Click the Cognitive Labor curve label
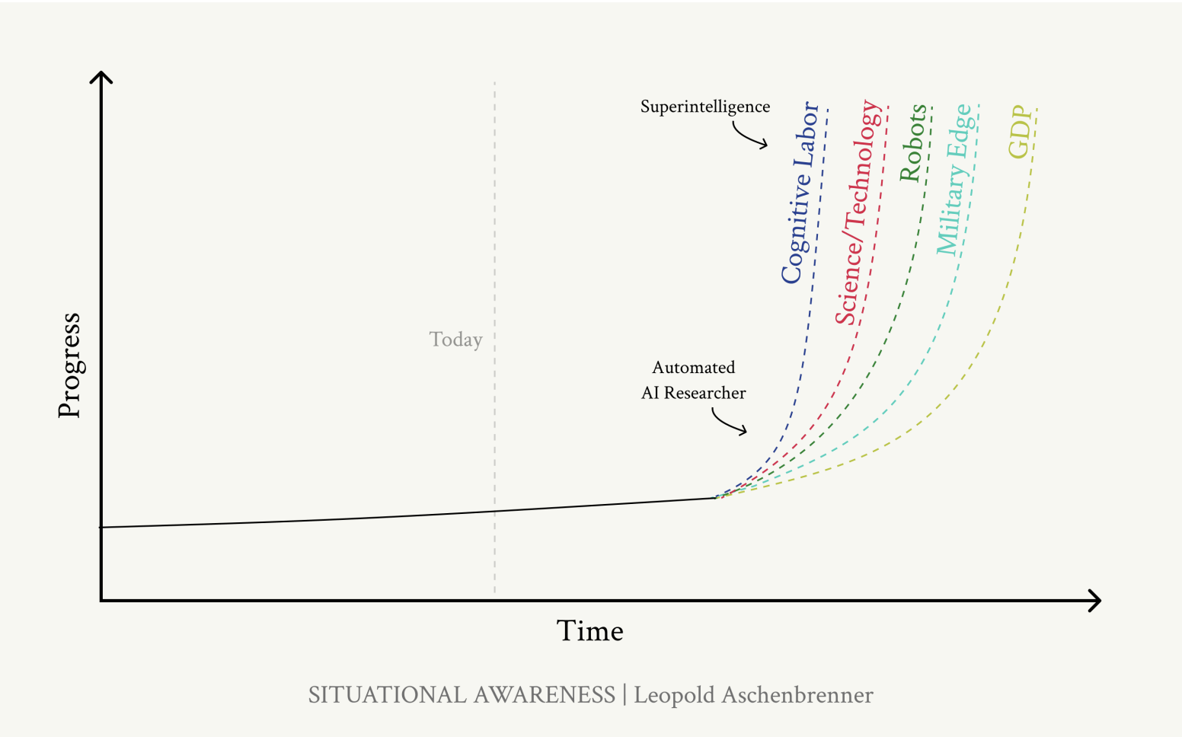800,193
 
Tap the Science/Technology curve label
858,213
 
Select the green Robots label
912,142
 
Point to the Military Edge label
954,180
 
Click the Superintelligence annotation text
704,107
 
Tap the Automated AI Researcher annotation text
693,380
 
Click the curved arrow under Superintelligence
749,136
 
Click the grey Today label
455,340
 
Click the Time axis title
589,631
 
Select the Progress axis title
69,365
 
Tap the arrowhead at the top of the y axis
101,77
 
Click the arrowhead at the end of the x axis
1095,601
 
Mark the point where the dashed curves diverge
716,497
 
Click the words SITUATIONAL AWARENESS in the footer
462,695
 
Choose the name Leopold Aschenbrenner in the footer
753,695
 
